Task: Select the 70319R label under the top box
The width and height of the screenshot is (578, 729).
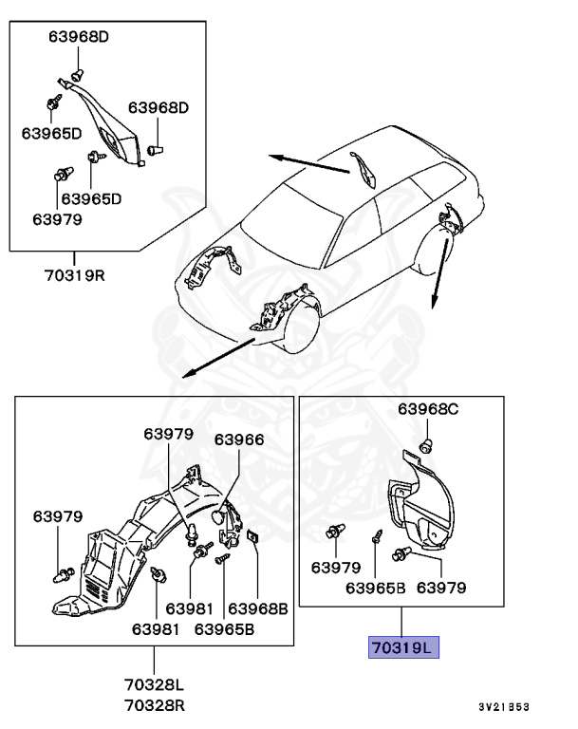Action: (73, 276)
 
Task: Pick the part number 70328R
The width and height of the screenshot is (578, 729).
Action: (154, 705)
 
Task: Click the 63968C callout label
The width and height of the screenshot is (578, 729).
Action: (428, 409)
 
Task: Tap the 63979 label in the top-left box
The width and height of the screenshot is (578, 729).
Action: (57, 218)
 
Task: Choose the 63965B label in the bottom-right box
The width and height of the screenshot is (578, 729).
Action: (375, 588)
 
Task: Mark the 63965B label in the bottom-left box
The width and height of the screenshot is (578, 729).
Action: (224, 626)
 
